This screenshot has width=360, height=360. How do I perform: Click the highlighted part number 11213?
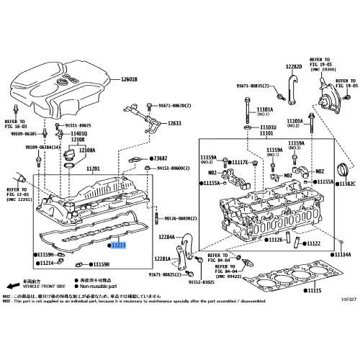click(x=119, y=246)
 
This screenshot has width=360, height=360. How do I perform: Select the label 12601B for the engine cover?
click(x=128, y=78)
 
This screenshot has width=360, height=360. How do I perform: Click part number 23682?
click(x=159, y=158)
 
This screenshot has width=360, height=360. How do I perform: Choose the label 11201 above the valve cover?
click(x=95, y=168)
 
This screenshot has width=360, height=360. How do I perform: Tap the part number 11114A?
click(x=341, y=255)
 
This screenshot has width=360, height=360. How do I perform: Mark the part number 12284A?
click(x=168, y=236)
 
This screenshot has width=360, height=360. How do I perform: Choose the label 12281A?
click(x=162, y=258)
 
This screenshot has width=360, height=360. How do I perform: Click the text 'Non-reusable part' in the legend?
click(x=91, y=287)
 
